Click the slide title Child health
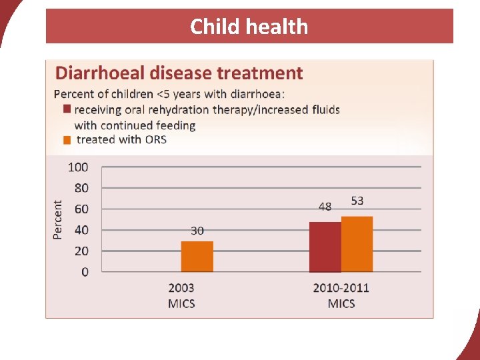coord(249,27)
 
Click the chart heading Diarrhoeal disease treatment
coord(179,73)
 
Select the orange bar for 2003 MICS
coord(197,257)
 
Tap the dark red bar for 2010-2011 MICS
coord(325,247)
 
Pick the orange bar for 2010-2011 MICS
coord(357,245)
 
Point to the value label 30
coord(197,231)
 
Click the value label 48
coord(325,207)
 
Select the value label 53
coord(357,201)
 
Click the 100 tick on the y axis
coord(78,167)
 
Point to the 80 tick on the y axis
coord(81,188)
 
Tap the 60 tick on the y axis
coord(81,209)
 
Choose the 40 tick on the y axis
coord(81,230)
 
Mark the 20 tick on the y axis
coord(81,251)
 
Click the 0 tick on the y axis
coord(84,272)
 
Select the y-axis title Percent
coord(58,220)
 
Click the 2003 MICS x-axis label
coord(181,296)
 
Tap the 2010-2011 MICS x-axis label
coord(341,296)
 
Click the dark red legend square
coord(66,109)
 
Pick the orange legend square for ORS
coord(66,139)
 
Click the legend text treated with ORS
coord(121,139)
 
